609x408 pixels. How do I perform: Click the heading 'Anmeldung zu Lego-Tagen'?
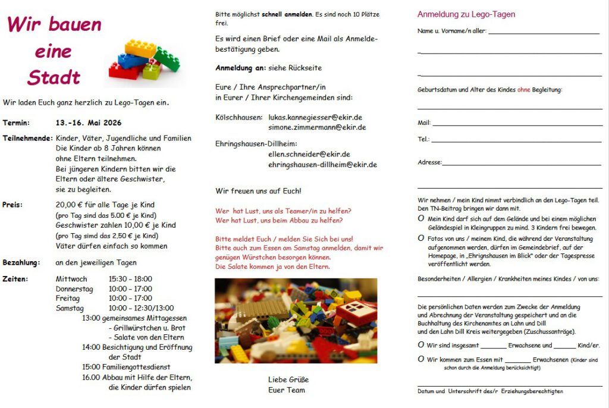pyautogui.click(x=466, y=14)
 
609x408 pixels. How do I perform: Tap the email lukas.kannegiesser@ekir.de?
pyautogui.click(x=315, y=118)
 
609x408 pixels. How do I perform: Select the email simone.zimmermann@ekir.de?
pyautogui.click(x=317, y=127)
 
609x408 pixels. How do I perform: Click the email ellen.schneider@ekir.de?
pyautogui.click(x=309, y=154)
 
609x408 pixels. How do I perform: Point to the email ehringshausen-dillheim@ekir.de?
pyautogui.click(x=322, y=164)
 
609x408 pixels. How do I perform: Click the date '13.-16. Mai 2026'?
pyautogui.click(x=88, y=123)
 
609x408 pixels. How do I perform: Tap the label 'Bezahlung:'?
pyautogui.click(x=21, y=262)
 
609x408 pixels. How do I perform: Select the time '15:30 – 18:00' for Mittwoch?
pyautogui.click(x=130, y=279)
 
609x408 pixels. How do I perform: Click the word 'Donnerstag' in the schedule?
pyautogui.click(x=74, y=288)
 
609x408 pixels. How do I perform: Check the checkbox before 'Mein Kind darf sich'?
pyautogui.click(x=421, y=219)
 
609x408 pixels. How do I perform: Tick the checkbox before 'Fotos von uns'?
pyautogui.click(x=421, y=238)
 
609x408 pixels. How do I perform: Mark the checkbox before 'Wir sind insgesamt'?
pyautogui.click(x=421, y=344)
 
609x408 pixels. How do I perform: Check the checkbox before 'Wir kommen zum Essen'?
pyautogui.click(x=421, y=359)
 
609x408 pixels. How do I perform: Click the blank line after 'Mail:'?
pyautogui.click(x=517, y=124)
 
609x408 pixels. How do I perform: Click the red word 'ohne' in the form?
pyautogui.click(x=523, y=90)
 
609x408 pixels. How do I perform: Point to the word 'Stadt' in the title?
pyautogui.click(x=54, y=77)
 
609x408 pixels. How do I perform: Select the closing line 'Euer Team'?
pyautogui.click(x=286, y=390)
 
